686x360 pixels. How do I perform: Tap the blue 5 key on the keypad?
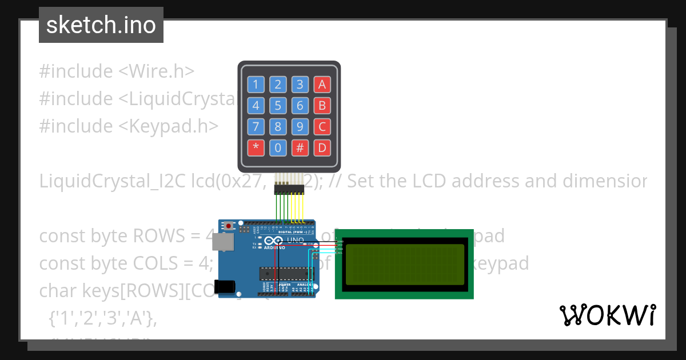tap(278, 106)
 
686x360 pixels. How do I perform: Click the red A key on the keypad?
tap(322, 85)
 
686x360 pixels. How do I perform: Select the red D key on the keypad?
tap(322, 148)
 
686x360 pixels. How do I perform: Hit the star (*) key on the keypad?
tap(256, 148)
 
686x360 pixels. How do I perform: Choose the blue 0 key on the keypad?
tap(278, 148)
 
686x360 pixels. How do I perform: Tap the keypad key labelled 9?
tap(300, 127)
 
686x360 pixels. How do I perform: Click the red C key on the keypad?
tap(322, 127)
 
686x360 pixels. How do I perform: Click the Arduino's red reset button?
tap(229, 226)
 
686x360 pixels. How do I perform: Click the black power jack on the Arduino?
tap(228, 286)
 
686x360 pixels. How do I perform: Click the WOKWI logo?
tap(607, 315)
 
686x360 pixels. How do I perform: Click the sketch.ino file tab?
tap(101, 25)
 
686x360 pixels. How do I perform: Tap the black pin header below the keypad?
tap(289, 188)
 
